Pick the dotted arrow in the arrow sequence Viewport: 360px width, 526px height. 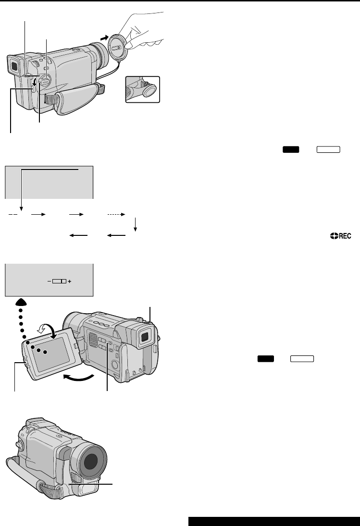(x=116, y=214)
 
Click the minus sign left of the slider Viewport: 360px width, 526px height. (x=49, y=281)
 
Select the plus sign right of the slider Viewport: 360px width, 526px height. (x=70, y=281)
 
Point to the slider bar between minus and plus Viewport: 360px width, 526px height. (x=59, y=281)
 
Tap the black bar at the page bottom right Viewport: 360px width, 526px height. (x=274, y=522)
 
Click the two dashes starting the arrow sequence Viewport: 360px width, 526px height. (x=13, y=214)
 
